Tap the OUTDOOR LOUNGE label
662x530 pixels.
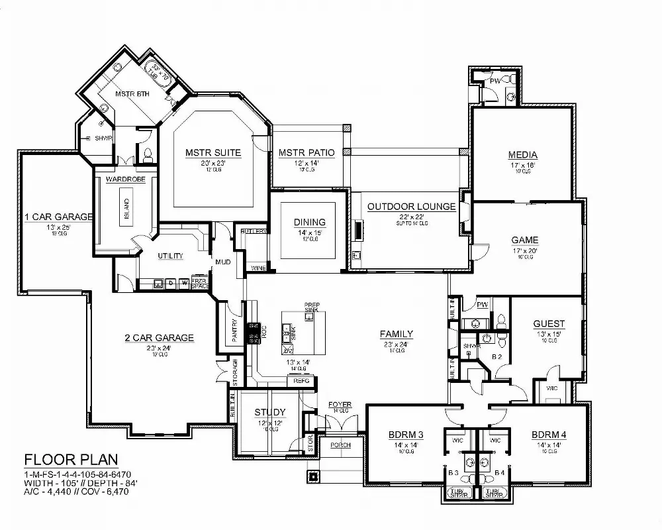coord(412,207)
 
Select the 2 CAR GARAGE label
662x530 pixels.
coord(159,338)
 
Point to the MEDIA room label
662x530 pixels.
coord(523,155)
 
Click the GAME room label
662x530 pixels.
coord(524,240)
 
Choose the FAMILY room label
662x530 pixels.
coord(397,334)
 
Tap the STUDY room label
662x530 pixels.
coord(270,413)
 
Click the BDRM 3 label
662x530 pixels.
coord(406,435)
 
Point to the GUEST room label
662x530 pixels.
coord(549,324)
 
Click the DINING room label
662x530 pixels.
coord(310,222)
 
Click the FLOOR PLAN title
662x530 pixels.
coord(70,459)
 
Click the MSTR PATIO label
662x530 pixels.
coord(306,153)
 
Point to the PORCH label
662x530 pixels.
coord(340,445)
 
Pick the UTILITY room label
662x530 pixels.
coord(170,256)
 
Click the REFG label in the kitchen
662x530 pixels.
coord(301,381)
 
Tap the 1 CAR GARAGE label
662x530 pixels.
coord(58,217)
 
